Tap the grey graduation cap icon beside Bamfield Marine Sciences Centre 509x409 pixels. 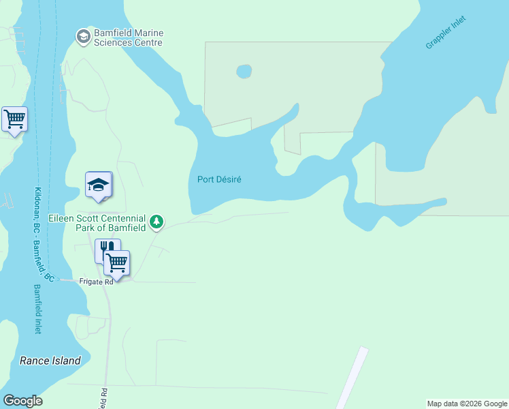[84, 36]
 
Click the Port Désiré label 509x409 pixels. [219, 180]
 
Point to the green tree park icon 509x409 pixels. [157, 222]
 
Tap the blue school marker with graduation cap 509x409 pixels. [99, 185]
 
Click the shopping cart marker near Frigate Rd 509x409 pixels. [117, 262]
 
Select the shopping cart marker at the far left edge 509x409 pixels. [14, 119]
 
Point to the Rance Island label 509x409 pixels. [50, 361]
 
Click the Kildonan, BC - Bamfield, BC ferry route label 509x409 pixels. [42, 234]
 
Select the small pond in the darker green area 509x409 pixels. [244, 71]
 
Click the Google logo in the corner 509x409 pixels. [22, 401]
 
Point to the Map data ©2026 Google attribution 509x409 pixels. [467, 404]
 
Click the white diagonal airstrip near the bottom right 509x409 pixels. [352, 378]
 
